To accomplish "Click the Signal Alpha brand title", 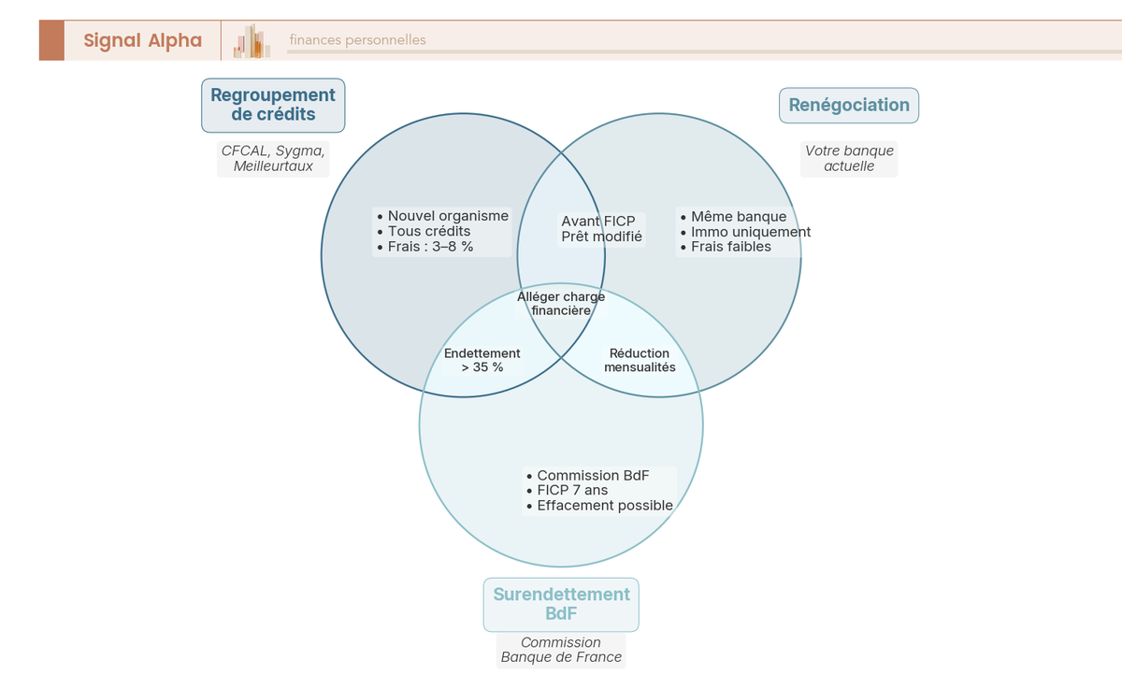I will [x=142, y=40].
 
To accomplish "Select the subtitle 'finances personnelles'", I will [x=357, y=40].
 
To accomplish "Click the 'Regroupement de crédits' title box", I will [x=273, y=105].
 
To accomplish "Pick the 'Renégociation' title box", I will [x=849, y=105].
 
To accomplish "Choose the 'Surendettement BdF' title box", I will [x=561, y=604].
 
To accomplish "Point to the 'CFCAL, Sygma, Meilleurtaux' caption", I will [x=273, y=159].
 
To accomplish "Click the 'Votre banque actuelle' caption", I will [x=849, y=159].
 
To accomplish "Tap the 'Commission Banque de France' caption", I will [x=561, y=650].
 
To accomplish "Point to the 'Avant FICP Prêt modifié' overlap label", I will [x=601, y=229].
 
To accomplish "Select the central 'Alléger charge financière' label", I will [x=561, y=304].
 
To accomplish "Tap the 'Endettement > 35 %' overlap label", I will [x=482, y=361].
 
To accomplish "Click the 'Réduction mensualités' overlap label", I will [x=640, y=361].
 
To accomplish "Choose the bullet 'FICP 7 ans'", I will [x=572, y=490].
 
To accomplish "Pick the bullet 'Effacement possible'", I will [x=604, y=506].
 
